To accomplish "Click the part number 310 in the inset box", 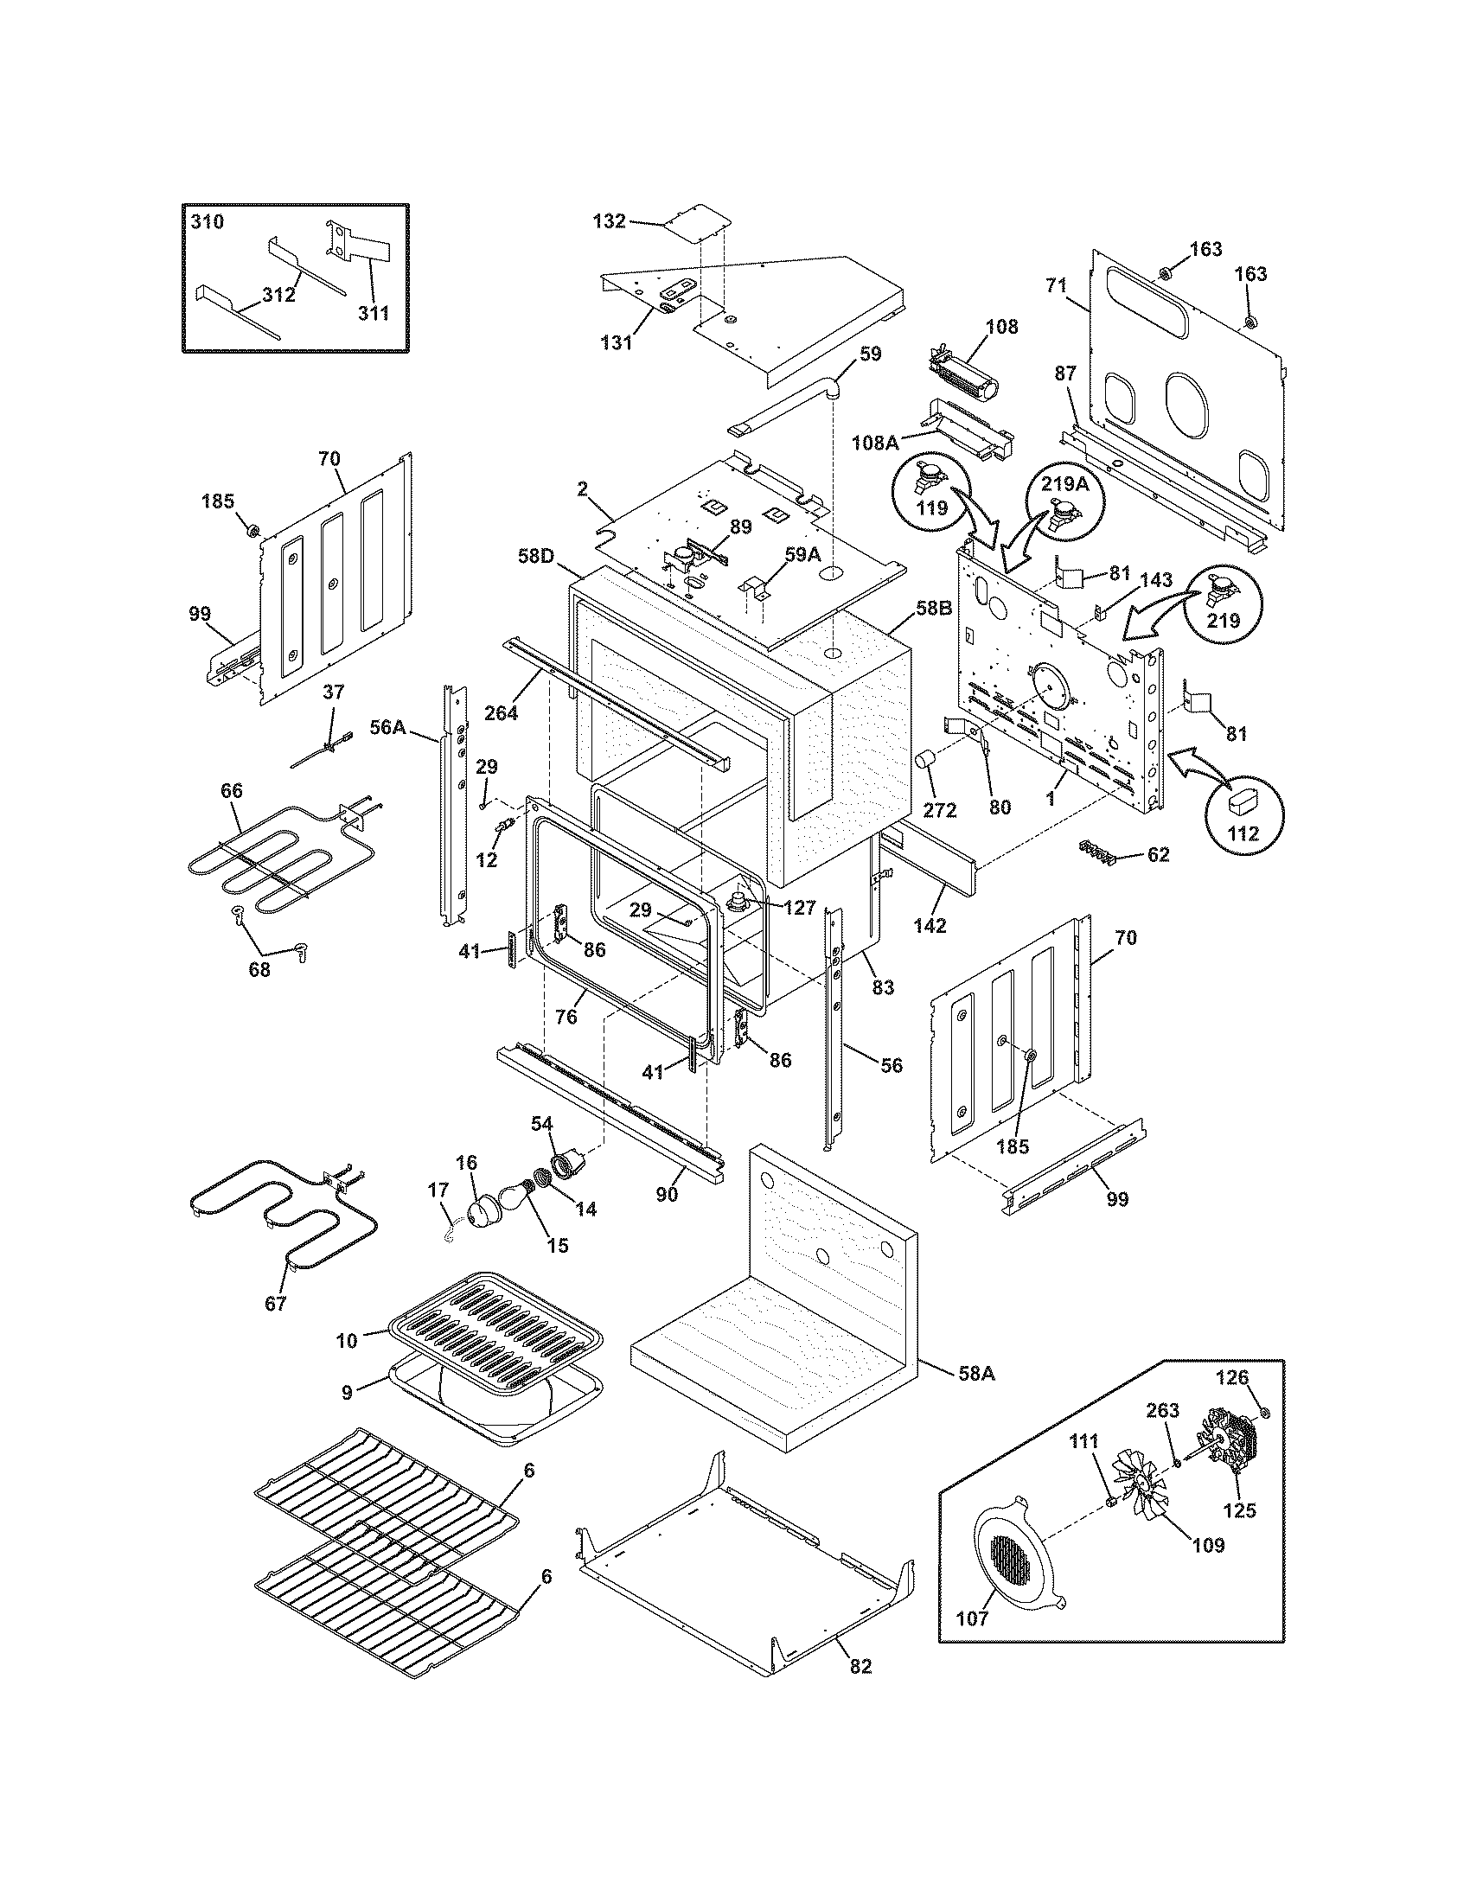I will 208,222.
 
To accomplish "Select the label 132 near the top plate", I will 609,221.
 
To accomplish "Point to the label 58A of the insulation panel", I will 976,1374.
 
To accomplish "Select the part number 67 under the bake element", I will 275,1304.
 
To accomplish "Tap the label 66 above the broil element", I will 232,791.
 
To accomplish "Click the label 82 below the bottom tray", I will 860,1667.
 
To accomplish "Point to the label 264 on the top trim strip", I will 501,713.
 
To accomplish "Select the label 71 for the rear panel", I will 1056,284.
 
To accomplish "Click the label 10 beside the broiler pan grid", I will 347,1340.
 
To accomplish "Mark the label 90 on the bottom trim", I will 666,1195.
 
